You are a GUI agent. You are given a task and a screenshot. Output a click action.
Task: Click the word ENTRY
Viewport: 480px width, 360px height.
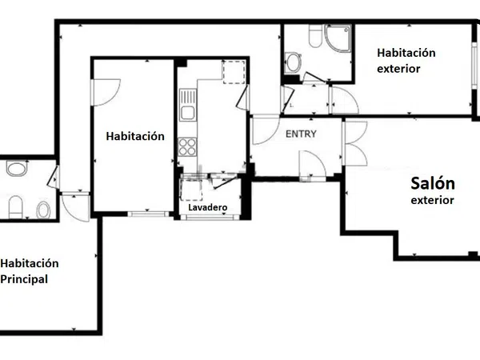(301, 134)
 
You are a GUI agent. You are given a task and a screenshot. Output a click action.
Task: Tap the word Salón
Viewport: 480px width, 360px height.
(433, 183)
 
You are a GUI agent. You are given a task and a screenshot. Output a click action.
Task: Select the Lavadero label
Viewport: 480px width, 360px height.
(207, 207)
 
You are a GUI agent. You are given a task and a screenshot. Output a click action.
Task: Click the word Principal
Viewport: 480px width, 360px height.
(24, 279)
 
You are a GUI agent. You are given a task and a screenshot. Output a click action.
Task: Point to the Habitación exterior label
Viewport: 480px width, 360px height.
(406, 61)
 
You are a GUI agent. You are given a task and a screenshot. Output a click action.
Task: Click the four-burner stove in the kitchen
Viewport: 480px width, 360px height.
(187, 146)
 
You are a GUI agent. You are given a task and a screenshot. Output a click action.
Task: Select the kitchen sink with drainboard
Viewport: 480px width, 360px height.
(188, 105)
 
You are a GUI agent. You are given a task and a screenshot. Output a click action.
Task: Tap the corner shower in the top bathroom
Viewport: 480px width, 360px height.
(338, 38)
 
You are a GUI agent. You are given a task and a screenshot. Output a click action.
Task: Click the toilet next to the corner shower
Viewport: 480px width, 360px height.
(315, 35)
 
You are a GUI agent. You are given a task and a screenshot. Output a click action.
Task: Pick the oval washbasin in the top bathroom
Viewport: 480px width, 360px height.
(293, 62)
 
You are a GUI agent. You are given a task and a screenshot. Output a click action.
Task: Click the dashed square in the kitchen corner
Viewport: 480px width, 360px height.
(234, 72)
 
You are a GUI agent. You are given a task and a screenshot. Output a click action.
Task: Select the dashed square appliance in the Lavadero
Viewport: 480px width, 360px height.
(192, 190)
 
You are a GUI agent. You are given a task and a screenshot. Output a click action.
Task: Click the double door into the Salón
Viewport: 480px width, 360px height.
(354, 143)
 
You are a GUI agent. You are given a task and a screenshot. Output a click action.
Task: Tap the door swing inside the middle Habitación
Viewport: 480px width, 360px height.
(106, 93)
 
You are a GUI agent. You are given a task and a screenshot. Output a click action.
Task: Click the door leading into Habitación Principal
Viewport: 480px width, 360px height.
(75, 207)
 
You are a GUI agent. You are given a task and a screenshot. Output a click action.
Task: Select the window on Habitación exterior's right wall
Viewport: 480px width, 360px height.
(474, 66)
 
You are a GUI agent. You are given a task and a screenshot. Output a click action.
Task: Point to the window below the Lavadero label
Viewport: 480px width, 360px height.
(210, 217)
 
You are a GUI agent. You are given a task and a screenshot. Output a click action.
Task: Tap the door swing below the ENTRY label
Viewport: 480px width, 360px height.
(312, 164)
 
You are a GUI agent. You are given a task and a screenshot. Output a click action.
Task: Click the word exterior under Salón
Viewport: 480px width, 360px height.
(432, 200)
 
